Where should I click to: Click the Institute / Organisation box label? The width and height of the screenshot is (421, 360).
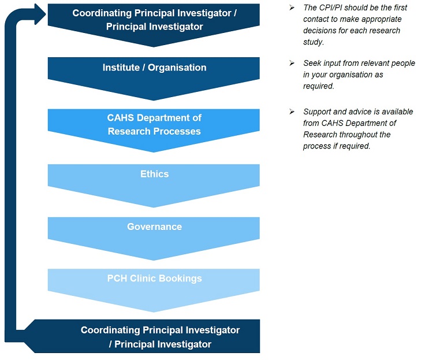[x=154, y=68]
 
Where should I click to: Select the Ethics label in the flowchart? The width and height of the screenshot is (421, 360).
[x=154, y=174]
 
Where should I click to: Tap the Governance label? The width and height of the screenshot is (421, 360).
[x=154, y=227]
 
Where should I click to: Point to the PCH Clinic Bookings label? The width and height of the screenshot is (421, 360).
[x=154, y=279]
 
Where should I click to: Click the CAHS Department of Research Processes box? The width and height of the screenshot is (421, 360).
[x=154, y=124]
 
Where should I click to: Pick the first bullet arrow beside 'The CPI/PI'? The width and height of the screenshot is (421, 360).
[x=292, y=8]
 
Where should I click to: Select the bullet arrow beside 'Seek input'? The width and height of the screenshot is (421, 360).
[x=292, y=63]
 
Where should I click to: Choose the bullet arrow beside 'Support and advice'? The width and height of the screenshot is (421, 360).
[x=292, y=112]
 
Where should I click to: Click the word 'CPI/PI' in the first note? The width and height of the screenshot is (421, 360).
[x=330, y=8]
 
